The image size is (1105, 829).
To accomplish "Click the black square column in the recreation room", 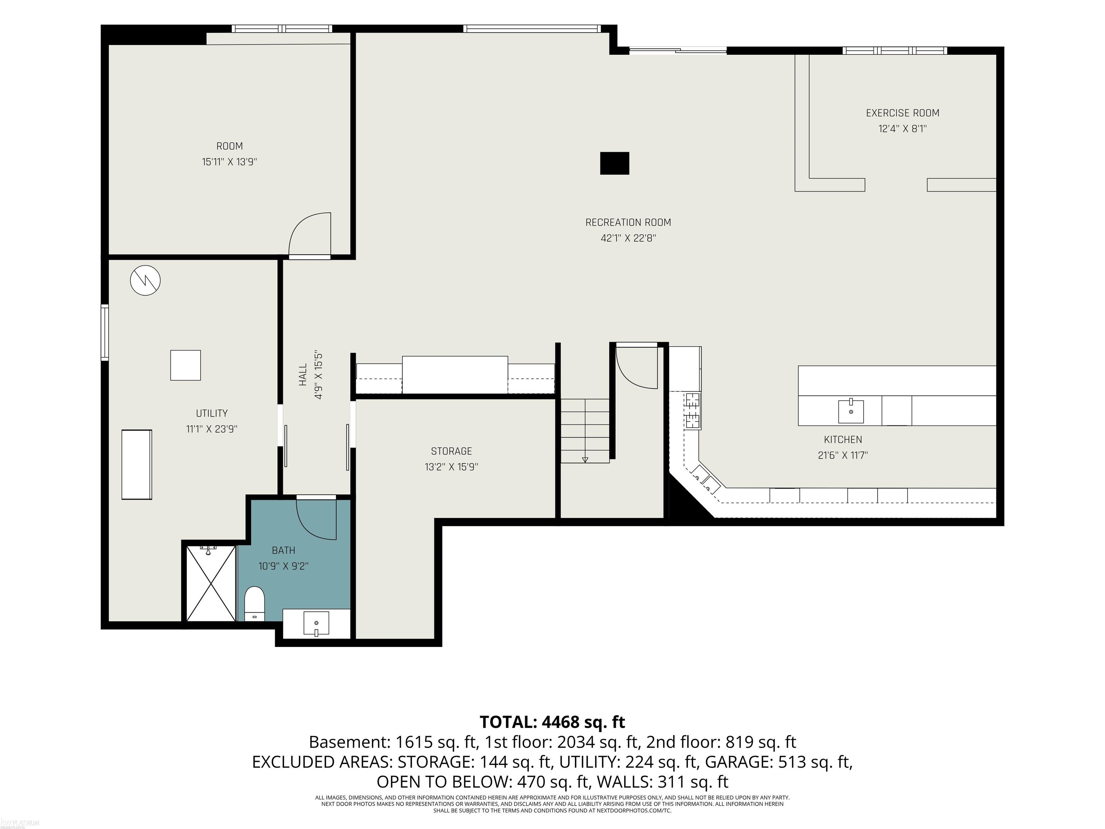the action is pyautogui.click(x=614, y=163).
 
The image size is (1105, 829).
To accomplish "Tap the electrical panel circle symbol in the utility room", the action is pyautogui.click(x=145, y=280).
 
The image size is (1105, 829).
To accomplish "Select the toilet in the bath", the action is pyautogui.click(x=255, y=604).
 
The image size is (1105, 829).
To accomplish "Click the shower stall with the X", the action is pyautogui.click(x=211, y=583).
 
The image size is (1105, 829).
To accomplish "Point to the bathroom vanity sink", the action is pyautogui.click(x=317, y=625).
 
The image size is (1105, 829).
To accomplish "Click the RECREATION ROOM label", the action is pyautogui.click(x=628, y=222).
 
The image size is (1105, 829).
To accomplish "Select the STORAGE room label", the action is pyautogui.click(x=451, y=451).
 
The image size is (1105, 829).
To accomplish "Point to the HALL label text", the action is pyautogui.click(x=303, y=374).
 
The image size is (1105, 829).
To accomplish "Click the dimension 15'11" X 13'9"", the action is pyautogui.click(x=229, y=162).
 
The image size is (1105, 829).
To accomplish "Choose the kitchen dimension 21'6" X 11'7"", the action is pyautogui.click(x=843, y=455).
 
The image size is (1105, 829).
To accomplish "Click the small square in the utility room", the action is pyautogui.click(x=185, y=365).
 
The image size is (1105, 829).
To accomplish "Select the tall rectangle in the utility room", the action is pyautogui.click(x=136, y=464).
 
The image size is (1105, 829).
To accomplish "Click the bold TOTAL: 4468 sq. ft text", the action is pyautogui.click(x=552, y=722).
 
